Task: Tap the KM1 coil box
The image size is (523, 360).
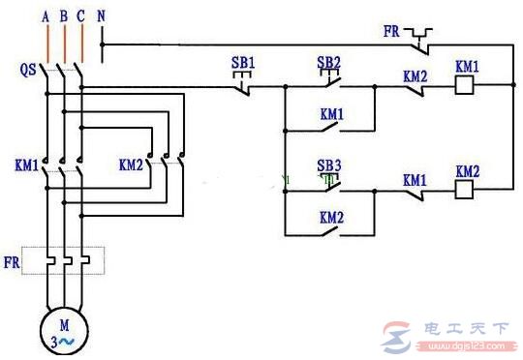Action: tap(463, 85)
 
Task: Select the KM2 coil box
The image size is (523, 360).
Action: tap(463, 190)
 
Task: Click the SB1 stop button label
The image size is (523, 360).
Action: tap(243, 63)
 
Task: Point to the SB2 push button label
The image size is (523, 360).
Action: tap(329, 63)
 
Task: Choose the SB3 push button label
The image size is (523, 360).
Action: tap(329, 165)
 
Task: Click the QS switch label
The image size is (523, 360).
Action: tap(27, 70)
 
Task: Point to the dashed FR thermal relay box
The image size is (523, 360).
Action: tap(64, 259)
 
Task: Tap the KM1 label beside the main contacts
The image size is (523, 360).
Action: tap(26, 165)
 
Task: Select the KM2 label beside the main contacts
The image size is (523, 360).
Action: tap(132, 165)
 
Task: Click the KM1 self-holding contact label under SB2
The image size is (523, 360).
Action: tap(330, 113)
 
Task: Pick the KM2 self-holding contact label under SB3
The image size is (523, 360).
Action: tap(330, 218)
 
